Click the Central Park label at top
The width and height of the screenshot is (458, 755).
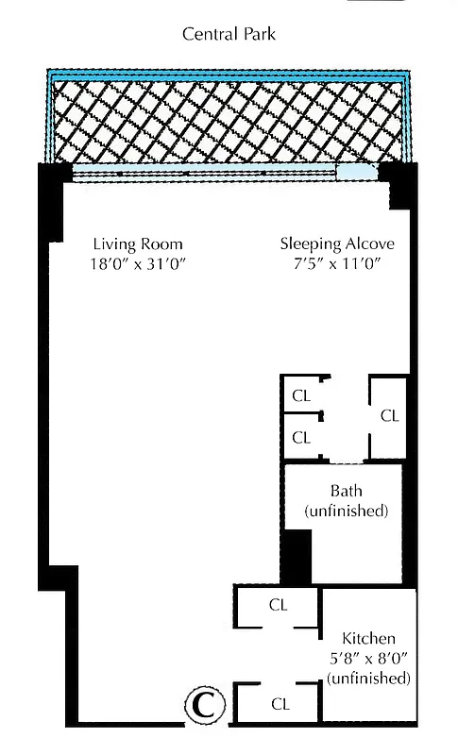coord(229,35)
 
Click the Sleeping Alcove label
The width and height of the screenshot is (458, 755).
coord(337,243)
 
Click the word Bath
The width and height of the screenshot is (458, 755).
coord(346,491)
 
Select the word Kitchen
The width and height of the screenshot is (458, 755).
coord(369,638)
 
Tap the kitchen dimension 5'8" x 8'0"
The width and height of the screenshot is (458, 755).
coord(369,658)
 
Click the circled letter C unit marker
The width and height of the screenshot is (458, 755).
coord(201,704)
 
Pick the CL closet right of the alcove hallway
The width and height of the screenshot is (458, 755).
coord(389,415)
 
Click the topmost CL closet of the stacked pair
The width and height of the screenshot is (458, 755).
coord(301,396)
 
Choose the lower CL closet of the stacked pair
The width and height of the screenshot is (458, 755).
coord(301,437)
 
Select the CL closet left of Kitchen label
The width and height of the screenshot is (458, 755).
coord(278,606)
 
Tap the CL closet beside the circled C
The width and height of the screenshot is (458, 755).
coord(280,703)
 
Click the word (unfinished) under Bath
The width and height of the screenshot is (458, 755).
coord(346,511)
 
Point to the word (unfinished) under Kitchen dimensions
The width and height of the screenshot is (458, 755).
coord(369,678)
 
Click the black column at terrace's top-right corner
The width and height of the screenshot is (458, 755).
coord(400,185)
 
